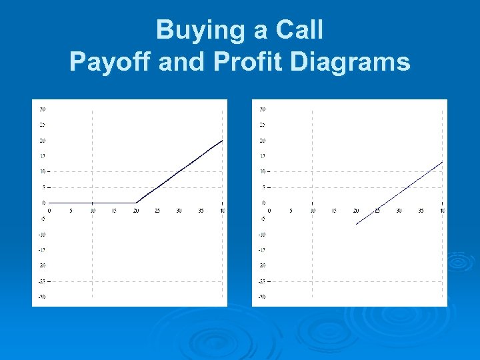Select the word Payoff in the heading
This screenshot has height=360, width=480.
click(111, 62)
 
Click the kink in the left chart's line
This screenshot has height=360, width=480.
click(136, 203)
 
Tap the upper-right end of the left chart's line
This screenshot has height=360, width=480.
click(222, 141)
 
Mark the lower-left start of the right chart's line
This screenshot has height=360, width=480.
click(356, 225)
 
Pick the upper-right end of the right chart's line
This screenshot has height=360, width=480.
click(442, 162)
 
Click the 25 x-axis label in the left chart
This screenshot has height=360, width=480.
click(157, 211)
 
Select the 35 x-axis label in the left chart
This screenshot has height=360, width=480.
click(201, 211)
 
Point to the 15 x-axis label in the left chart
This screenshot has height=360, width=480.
click(114, 211)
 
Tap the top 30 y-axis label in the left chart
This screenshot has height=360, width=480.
click(42, 109)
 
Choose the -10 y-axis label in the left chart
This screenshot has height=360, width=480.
click(41, 234)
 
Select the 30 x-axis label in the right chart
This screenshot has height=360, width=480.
click(399, 211)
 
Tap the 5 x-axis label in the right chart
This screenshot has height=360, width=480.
click(291, 211)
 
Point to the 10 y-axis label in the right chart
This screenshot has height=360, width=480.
click(262, 171)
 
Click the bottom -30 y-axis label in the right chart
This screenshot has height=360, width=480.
click(261, 297)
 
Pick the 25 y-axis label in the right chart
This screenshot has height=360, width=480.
click(262, 125)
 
